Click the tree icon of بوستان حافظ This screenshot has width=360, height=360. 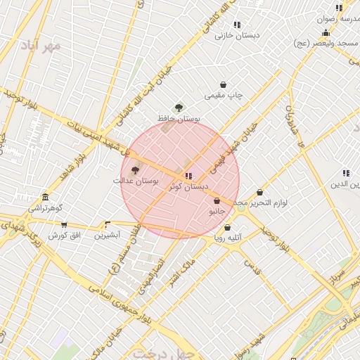(179, 108)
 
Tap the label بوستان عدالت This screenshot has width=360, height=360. (136, 181)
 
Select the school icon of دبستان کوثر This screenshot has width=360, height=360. (188, 175)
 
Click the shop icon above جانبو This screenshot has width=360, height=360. (217, 201)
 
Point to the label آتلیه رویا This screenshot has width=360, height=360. (228, 238)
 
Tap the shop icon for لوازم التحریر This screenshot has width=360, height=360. (259, 192)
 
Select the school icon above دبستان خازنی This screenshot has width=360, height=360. (237, 25)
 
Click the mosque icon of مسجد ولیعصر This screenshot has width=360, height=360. (326, 33)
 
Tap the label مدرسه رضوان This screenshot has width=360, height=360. (340, 20)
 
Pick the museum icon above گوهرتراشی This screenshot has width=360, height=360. (46, 197)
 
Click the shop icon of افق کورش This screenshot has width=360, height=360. (65, 225)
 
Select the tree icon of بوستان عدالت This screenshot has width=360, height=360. (135, 170)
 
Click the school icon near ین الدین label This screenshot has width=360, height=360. (345, 173)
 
